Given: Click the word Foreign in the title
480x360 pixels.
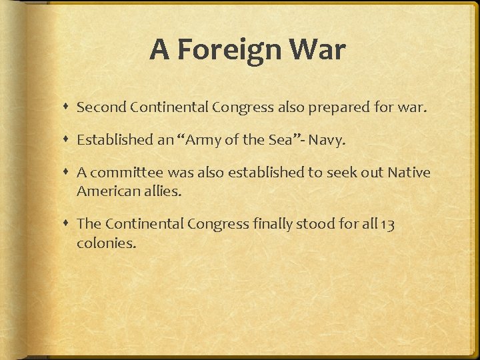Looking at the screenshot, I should click(x=227, y=50).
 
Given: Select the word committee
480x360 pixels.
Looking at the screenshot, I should click(x=127, y=173).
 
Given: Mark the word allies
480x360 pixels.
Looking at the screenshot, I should click(x=161, y=191).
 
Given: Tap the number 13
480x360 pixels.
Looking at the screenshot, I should click(x=386, y=224).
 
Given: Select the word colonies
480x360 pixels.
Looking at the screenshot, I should click(x=106, y=243).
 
